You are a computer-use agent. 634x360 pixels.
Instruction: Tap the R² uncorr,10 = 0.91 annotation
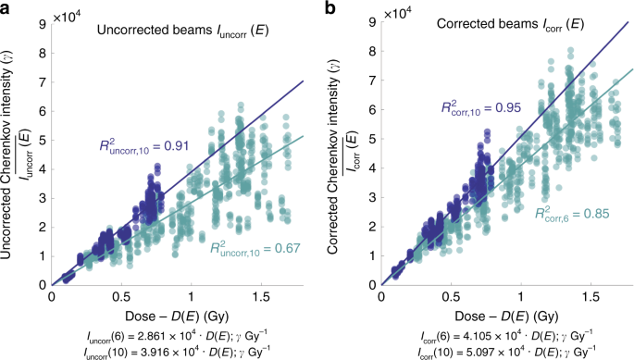(x=144, y=145)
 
